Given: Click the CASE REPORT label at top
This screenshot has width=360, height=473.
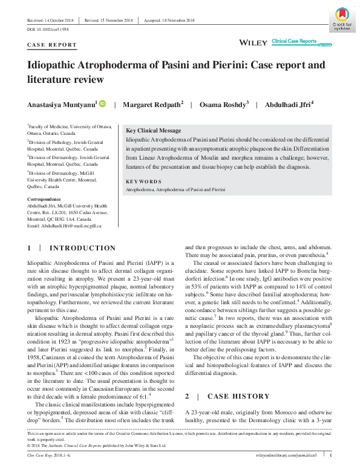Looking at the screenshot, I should (52, 45).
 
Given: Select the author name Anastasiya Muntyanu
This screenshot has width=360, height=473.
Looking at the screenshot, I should (61, 105).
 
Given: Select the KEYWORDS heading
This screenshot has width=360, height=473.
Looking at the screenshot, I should (143, 181).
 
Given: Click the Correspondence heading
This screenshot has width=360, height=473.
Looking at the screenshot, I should (44, 199).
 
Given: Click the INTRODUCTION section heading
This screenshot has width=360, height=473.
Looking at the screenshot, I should (82, 248).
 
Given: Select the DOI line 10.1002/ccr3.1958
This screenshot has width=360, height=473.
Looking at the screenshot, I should (48, 28).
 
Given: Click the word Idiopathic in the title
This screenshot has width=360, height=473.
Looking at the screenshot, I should (58, 64).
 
